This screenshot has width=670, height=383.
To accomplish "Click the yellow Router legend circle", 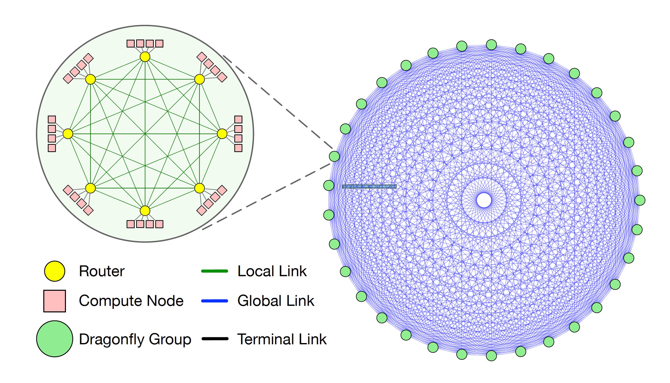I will tap(54, 271).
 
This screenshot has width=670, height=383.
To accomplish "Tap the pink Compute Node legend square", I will tap(54, 301).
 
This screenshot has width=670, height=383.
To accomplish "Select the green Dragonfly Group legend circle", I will tap(54, 339).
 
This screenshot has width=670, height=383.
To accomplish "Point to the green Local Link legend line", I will tap(214, 271).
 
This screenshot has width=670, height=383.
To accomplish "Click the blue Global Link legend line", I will tap(214, 301).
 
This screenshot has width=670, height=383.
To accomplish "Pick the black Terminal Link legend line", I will tap(215, 339).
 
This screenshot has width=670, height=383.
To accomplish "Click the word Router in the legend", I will tap(102, 271).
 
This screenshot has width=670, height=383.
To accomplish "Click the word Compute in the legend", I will tap(110, 301).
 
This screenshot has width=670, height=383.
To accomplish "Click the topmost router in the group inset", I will tap(145, 57).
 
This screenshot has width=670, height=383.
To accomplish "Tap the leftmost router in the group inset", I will tap(68, 134).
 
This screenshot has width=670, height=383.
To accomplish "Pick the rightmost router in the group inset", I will tap(222, 134).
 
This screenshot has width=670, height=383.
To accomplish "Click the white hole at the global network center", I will tap(484, 200).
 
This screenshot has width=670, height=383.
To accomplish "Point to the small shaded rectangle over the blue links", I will tap(369, 187).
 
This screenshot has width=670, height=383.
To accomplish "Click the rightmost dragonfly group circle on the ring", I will tap(640, 200).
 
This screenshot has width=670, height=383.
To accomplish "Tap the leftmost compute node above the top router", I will tap(131, 44).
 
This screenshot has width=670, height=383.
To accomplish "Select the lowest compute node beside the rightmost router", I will tap(238, 148).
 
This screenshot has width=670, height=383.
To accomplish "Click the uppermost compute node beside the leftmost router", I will tap(52, 119).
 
